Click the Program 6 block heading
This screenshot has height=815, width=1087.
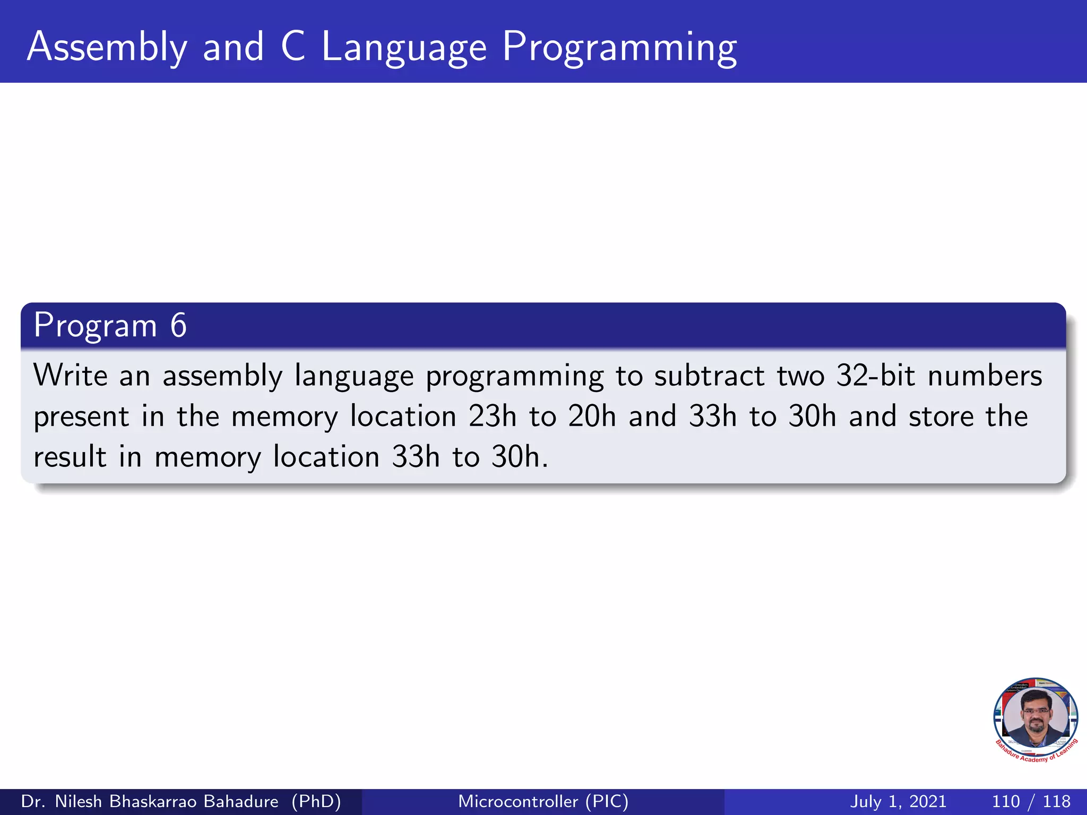110,325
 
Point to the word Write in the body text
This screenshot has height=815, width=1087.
71,375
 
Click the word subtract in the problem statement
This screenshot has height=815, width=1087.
709,375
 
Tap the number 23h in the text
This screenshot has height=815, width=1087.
492,416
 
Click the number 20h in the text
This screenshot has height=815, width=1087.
592,416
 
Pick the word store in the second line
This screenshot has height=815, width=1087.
942,416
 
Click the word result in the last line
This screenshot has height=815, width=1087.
70,456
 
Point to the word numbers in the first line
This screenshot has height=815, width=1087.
985,375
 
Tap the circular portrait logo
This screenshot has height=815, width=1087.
1035,719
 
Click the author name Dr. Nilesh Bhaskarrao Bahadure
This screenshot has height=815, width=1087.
150,801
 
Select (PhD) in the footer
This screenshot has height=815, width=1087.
316,801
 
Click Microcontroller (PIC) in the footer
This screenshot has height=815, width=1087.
543,801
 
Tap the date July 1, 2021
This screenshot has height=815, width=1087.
898,801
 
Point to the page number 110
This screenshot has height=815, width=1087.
1005,801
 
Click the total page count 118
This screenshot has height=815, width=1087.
1056,801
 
